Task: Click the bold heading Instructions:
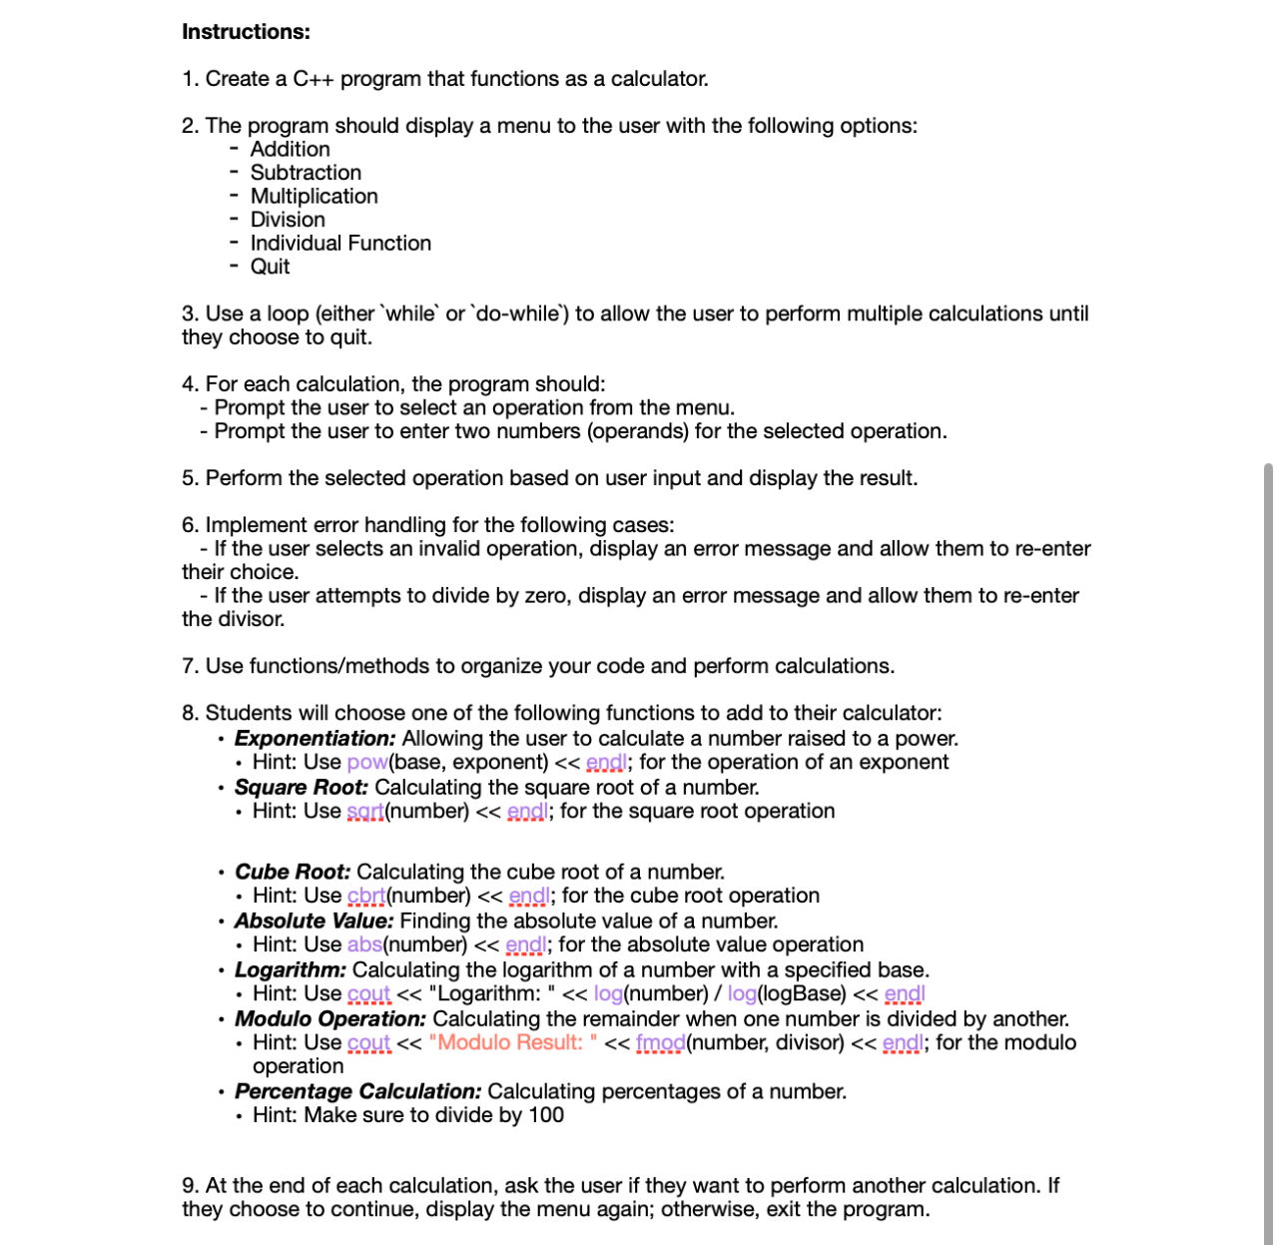(246, 32)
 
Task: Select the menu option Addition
(290, 150)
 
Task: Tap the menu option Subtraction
(306, 173)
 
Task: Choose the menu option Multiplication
(314, 197)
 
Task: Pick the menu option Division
(288, 220)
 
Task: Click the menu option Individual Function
(340, 244)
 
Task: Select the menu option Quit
(270, 267)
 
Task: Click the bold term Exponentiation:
(315, 739)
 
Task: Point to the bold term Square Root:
(301, 788)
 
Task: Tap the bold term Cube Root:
(293, 873)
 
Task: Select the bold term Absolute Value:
(314, 922)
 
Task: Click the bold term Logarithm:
(290, 970)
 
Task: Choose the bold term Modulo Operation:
(329, 1019)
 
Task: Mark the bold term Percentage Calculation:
(357, 1092)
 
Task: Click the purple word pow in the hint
(366, 763)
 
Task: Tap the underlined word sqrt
(365, 812)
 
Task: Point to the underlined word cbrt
(366, 897)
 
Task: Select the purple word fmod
(660, 1043)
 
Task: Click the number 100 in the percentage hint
(545, 1116)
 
